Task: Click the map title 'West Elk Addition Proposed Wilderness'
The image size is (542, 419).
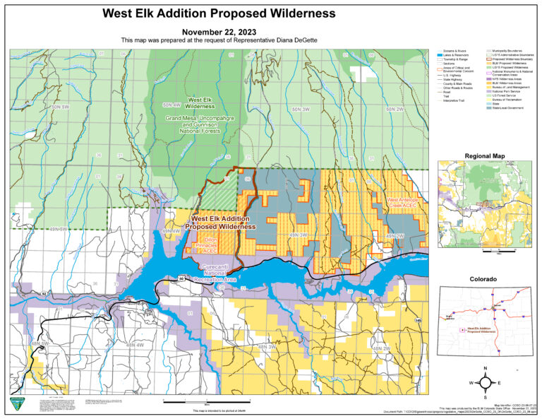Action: click(218, 13)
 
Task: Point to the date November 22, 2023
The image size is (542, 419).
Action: click(218, 32)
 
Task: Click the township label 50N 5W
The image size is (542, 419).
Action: click(61, 107)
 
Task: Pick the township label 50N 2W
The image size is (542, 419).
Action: click(395, 110)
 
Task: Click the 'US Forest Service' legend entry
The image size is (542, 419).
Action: click(512, 95)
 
